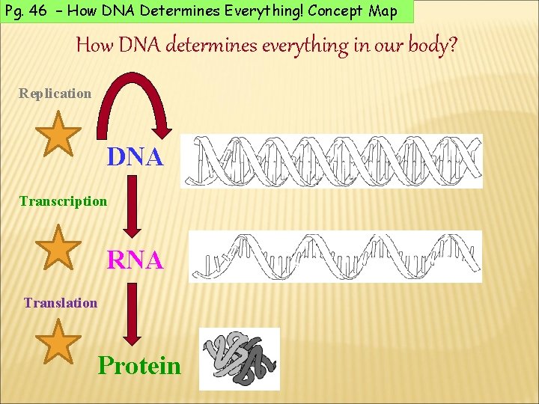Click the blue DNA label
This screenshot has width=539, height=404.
[x=135, y=157]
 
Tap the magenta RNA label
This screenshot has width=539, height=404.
[x=135, y=260]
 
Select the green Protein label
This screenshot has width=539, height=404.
[x=139, y=366]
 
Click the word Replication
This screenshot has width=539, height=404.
[x=55, y=94]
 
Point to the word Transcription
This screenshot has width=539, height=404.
[x=64, y=201]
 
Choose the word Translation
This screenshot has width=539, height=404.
[x=61, y=303]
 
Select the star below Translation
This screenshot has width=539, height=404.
[x=58, y=342]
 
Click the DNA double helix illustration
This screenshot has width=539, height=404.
[x=332, y=162]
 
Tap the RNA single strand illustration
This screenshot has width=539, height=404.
[x=335, y=257]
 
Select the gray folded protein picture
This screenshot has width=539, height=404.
[x=240, y=358]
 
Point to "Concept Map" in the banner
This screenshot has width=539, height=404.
[x=357, y=11]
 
